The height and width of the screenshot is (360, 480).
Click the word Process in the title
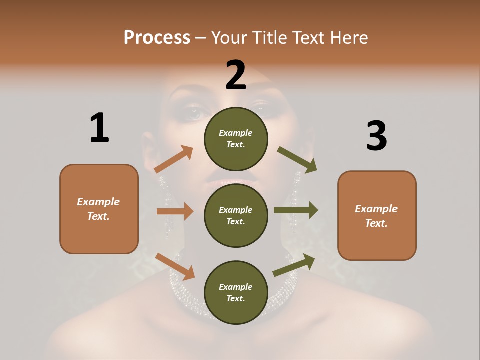coord(157,37)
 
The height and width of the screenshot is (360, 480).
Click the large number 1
coord(99,128)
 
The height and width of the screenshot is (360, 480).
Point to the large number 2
coord(236,75)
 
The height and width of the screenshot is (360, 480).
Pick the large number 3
coord(376,136)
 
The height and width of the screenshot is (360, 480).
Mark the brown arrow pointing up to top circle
coord(174,159)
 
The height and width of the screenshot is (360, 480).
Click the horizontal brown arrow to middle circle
coord(175,211)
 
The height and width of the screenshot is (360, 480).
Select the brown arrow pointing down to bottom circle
coord(175,266)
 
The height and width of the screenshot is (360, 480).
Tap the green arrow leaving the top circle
coord(297,159)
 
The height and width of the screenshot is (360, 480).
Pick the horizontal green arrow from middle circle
coord(296,210)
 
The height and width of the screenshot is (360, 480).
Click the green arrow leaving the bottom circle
coord(294,265)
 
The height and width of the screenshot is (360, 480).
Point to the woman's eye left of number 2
coord(193,113)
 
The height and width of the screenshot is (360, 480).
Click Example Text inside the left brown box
coord(98,209)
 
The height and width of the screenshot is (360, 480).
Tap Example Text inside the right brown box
coord(376,216)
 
